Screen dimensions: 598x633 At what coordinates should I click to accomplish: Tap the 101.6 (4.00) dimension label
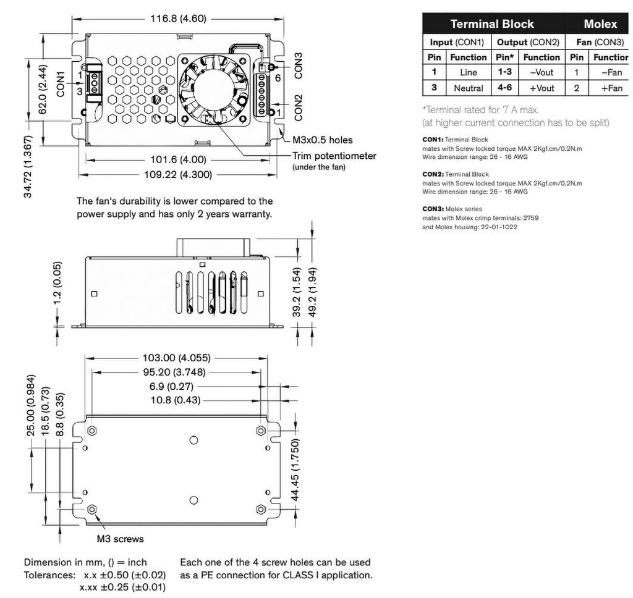[x=177, y=159]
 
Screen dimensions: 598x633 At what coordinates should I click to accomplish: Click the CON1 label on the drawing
[x=61, y=83]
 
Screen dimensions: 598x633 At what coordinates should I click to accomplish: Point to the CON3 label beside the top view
[x=299, y=65]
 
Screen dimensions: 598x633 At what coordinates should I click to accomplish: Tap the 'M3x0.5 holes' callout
[x=323, y=140]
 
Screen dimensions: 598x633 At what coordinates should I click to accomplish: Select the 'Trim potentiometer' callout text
[x=334, y=156]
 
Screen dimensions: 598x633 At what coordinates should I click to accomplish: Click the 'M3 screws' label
[x=121, y=539]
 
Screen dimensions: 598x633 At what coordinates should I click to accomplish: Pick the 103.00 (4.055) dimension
[x=177, y=358]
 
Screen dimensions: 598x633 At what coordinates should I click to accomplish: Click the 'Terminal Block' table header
[x=492, y=24]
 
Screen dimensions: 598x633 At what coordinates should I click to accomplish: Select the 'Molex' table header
[x=600, y=24]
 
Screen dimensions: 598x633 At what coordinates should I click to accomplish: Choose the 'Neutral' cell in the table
[x=469, y=88]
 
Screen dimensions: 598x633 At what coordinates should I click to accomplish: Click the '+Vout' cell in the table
[x=542, y=88]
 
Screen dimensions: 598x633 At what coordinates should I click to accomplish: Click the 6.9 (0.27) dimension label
[x=172, y=387]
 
